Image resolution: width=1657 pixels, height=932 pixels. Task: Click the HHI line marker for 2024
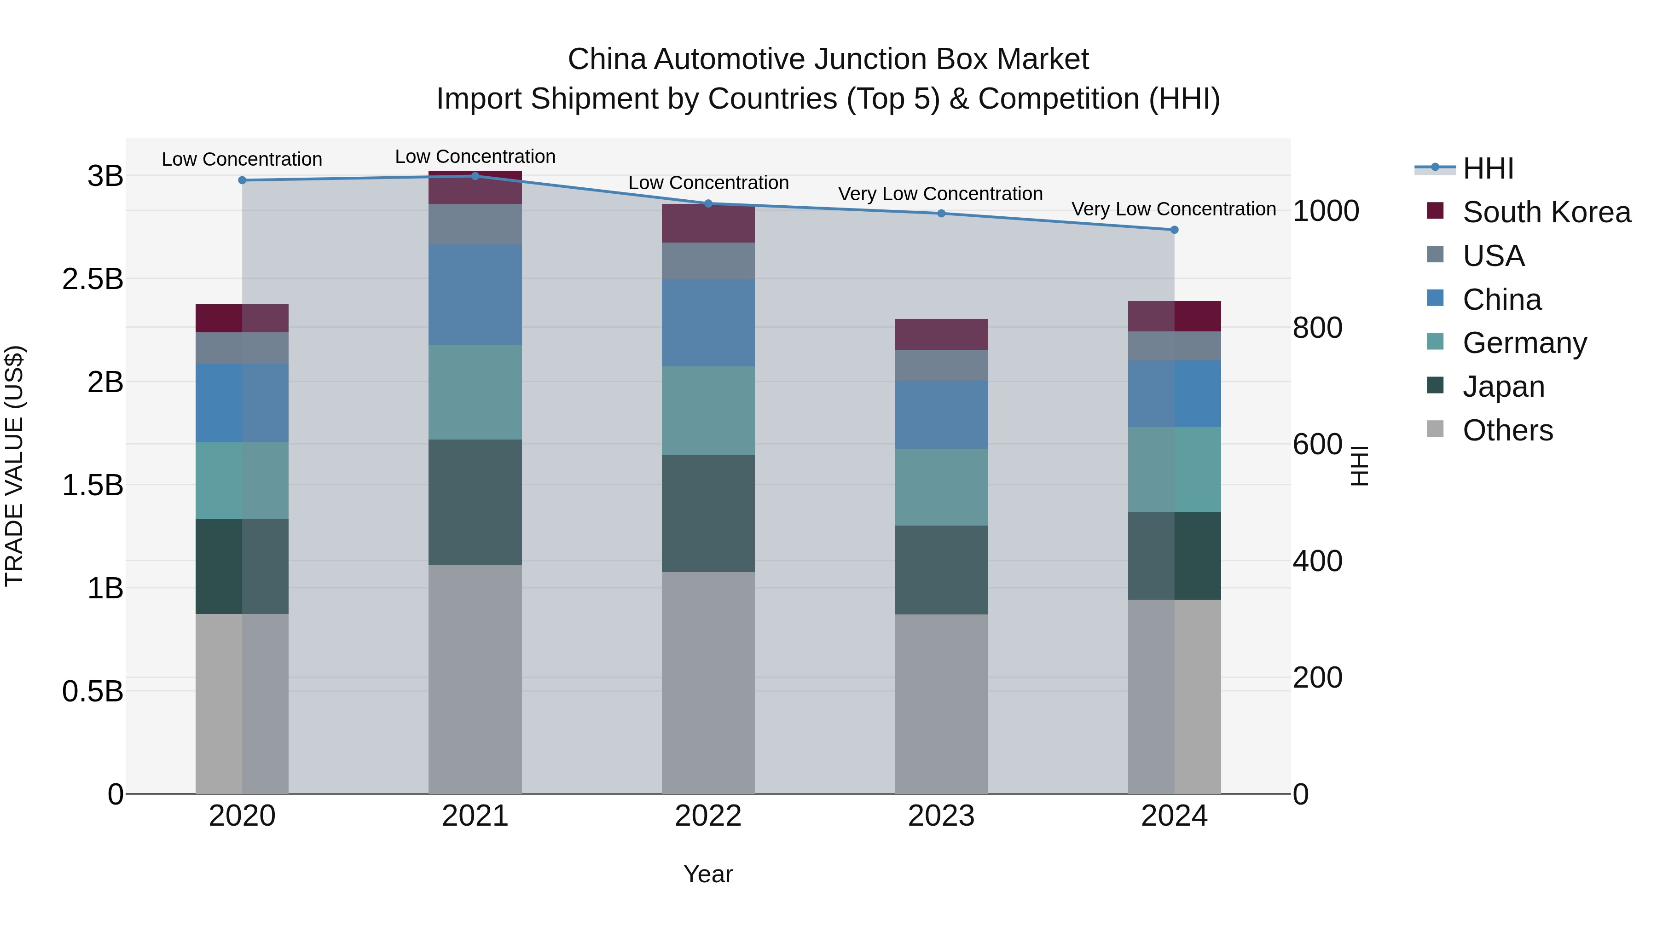tap(1174, 230)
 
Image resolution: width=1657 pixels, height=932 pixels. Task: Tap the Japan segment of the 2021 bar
tap(475, 502)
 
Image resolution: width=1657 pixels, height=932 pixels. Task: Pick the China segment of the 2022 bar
tap(708, 323)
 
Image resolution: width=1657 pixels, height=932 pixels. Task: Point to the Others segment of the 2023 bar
tap(941, 704)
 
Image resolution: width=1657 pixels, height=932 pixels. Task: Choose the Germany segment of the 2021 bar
tap(475, 392)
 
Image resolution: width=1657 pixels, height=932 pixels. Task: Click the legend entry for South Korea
tap(1547, 212)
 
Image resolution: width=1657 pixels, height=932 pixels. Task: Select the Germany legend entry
tap(1524, 343)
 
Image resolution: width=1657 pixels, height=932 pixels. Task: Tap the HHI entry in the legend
tap(1488, 168)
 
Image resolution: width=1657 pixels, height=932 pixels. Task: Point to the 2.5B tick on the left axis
tap(93, 279)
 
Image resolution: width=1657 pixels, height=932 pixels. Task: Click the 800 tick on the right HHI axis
tap(1317, 327)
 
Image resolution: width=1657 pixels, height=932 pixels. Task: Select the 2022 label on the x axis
tap(708, 816)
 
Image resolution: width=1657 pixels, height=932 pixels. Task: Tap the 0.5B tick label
tap(93, 691)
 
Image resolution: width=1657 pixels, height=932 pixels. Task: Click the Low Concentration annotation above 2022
tap(708, 183)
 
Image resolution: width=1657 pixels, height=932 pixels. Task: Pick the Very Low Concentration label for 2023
tap(940, 194)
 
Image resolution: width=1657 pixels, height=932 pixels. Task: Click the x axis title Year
tap(708, 874)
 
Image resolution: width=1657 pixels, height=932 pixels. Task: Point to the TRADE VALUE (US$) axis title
tap(14, 466)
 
